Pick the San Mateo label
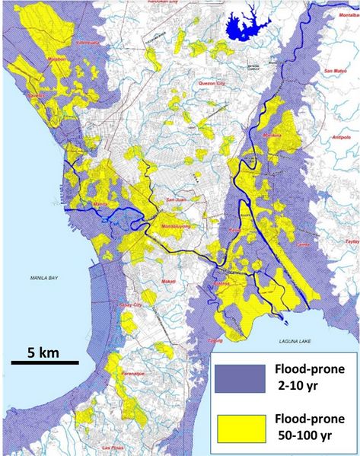coord(335,71)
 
